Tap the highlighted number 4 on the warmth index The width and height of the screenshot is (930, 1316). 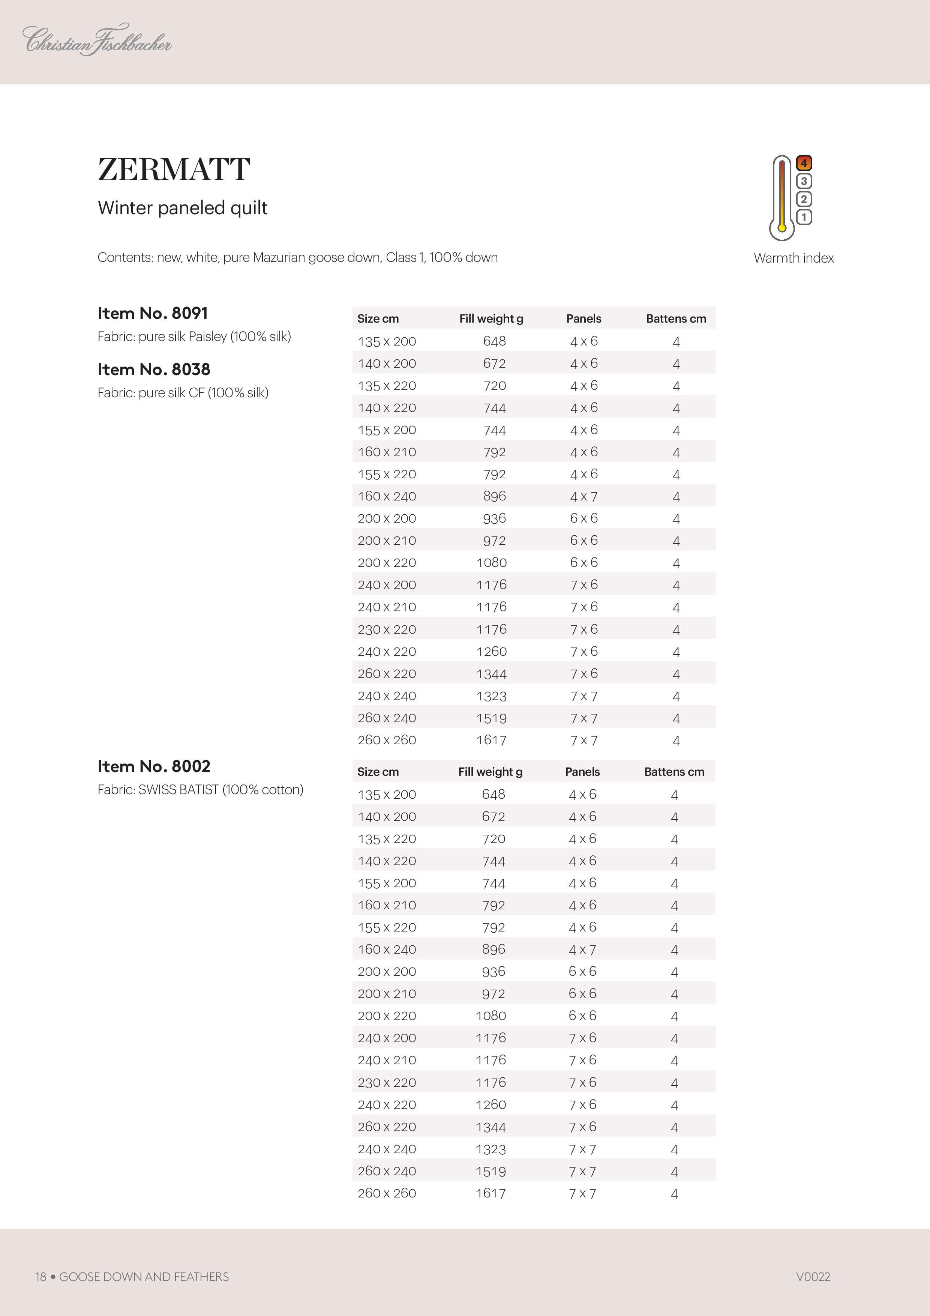pyautogui.click(x=804, y=163)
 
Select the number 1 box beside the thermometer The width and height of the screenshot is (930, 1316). pyautogui.click(x=804, y=217)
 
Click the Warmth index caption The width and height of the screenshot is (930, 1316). pyautogui.click(x=793, y=258)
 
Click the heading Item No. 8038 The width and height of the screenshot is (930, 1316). pyautogui.click(x=154, y=370)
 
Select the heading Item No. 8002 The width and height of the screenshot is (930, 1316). pyautogui.click(x=154, y=766)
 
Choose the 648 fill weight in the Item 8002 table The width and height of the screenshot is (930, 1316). pyautogui.click(x=493, y=795)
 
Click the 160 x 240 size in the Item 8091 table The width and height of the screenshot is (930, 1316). pyautogui.click(x=387, y=496)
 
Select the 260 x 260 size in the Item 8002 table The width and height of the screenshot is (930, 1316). pyautogui.click(x=387, y=1193)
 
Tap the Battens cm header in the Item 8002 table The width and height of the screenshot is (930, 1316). pyautogui.click(x=674, y=772)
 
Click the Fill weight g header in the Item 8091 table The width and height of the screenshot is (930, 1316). pyautogui.click(x=491, y=318)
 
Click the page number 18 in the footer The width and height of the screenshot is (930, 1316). pyautogui.click(x=40, y=1277)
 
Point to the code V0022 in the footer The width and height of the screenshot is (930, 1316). pyautogui.click(x=813, y=1277)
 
